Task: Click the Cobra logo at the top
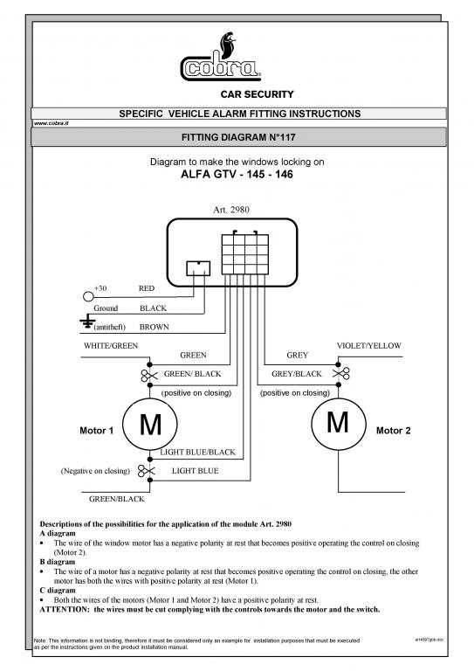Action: coord(221,58)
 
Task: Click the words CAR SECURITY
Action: coord(257,94)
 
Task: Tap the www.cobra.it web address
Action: coord(52,123)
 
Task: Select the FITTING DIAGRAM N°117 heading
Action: coord(238,137)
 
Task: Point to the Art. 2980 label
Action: coord(231,210)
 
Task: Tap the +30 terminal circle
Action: coord(88,296)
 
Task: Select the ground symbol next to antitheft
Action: coord(87,321)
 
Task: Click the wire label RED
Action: coord(147,288)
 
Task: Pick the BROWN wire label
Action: coord(155,327)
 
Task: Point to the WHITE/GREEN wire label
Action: coord(111,346)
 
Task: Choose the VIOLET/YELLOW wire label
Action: coord(369,346)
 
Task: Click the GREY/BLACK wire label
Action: coord(297,374)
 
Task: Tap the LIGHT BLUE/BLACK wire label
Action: coord(198,453)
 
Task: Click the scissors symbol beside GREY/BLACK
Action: coord(341,374)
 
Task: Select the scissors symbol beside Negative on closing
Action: coord(146,471)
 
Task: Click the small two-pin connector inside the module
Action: coord(198,268)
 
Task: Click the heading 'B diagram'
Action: coord(58,562)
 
